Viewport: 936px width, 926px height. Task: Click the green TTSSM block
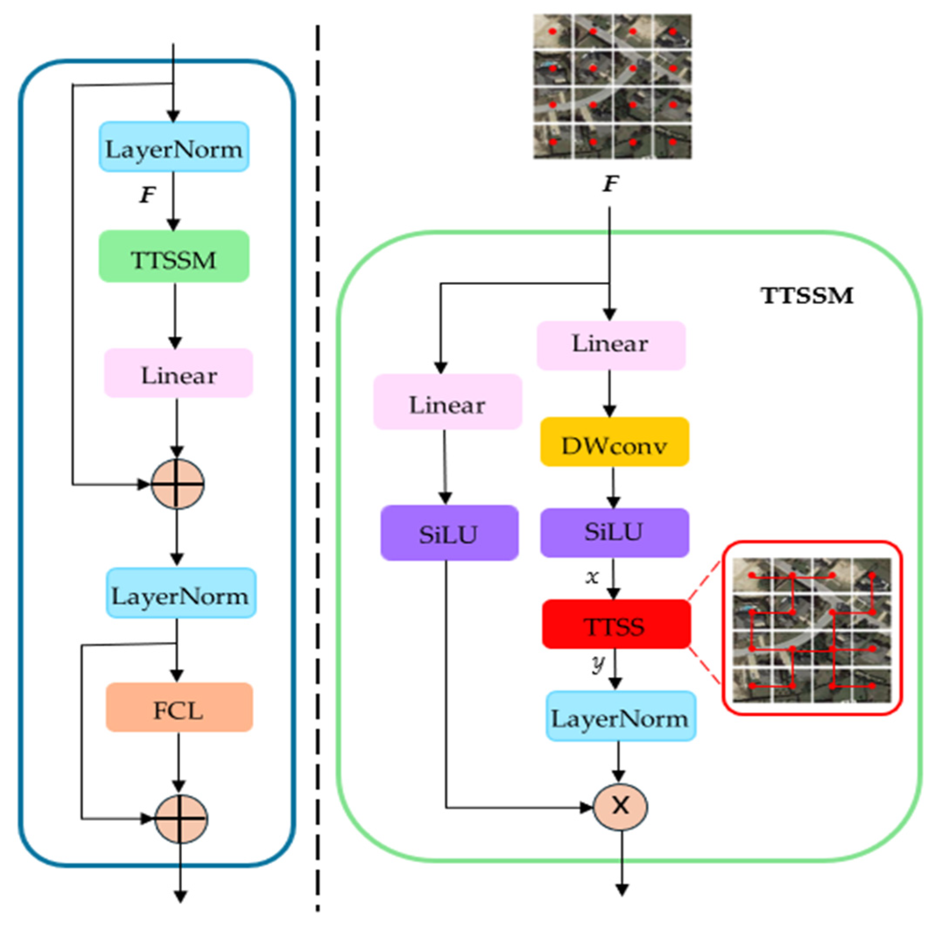click(174, 256)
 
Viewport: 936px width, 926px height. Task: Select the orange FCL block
click(179, 707)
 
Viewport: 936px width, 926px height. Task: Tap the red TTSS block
click(616, 624)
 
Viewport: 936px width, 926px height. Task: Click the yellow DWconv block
click(615, 442)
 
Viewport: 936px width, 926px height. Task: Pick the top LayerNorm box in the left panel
click(174, 147)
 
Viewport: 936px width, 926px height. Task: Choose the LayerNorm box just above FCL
click(181, 593)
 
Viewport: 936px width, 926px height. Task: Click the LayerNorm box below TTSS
click(620, 716)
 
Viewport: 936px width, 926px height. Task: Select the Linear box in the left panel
click(178, 373)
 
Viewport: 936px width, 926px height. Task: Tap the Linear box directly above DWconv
click(611, 345)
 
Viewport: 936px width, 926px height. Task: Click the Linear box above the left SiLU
click(448, 402)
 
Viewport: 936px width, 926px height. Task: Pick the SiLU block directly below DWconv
click(614, 532)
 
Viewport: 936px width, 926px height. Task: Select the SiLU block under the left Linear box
click(449, 533)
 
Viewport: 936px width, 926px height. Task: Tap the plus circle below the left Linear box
click(178, 483)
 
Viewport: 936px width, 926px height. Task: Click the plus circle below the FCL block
click(181, 818)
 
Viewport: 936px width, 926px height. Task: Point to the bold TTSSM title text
click(806, 295)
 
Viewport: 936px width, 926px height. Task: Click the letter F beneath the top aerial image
click(611, 184)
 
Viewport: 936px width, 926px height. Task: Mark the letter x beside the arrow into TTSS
click(592, 577)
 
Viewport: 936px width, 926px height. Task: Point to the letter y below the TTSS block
click(598, 664)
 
